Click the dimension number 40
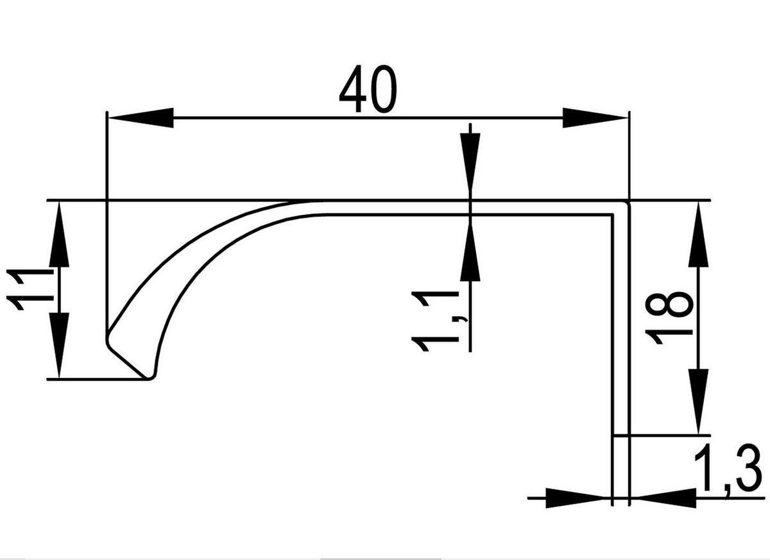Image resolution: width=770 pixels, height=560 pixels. (x=368, y=92)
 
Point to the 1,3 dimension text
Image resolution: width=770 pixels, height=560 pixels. (x=728, y=473)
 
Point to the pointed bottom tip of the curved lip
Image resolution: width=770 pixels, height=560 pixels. (x=149, y=377)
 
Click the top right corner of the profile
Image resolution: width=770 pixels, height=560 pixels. (x=628, y=203)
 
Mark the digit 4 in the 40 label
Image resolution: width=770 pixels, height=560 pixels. (x=353, y=92)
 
